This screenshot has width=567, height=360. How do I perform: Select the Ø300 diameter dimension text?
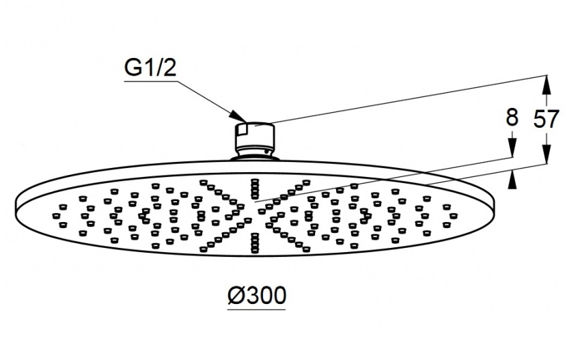coord(257,295)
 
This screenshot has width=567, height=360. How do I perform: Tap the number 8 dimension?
coord(512,117)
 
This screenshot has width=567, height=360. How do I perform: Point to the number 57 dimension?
coord(547,119)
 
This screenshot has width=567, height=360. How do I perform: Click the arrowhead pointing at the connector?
coord(238,115)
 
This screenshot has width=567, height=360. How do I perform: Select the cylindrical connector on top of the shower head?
coord(255,140)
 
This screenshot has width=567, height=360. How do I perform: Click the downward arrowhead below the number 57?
coord(547,153)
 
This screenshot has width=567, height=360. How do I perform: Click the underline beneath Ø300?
coord(256,309)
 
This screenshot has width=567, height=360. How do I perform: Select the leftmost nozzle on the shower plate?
coord(56,215)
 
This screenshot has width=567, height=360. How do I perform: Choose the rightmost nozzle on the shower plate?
coord(454,215)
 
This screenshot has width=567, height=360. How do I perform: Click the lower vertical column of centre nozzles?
coord(255,243)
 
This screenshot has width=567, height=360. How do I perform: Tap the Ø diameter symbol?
coord(237,296)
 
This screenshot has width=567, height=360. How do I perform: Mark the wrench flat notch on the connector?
coord(243,130)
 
